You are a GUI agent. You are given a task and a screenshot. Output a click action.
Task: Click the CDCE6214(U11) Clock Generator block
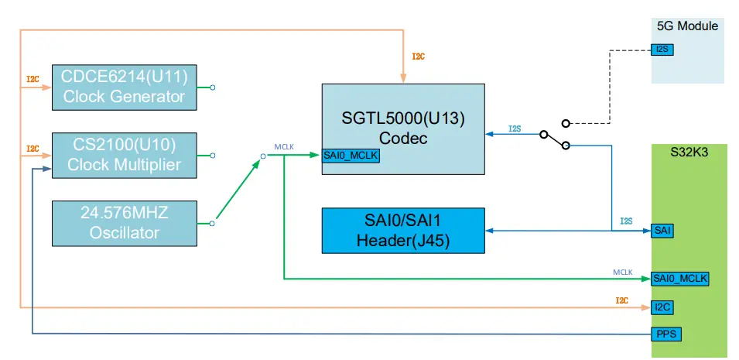pyautogui.click(x=124, y=87)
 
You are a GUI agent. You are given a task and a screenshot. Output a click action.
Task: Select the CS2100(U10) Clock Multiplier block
pyautogui.click(x=124, y=154)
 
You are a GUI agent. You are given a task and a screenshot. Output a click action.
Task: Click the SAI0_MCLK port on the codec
pyautogui.click(x=351, y=156)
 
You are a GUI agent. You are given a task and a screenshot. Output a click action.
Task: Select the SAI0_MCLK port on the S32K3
pyautogui.click(x=680, y=278)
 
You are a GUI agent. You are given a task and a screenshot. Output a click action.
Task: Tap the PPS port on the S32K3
pyautogui.click(x=665, y=333)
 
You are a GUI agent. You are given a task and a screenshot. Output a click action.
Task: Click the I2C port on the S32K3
pyautogui.click(x=662, y=307)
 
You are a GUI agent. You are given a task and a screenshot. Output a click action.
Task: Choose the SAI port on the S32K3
pyautogui.click(x=662, y=230)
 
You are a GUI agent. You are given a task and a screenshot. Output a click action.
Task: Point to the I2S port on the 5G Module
pyautogui.click(x=663, y=50)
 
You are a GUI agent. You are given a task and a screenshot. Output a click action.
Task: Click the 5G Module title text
pyautogui.click(x=687, y=26)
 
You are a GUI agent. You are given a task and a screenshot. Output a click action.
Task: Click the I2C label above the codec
pyautogui.click(x=418, y=57)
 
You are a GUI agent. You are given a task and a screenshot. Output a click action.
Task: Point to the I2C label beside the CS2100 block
pyautogui.click(x=33, y=148)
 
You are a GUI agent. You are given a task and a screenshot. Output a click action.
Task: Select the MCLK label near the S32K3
pyautogui.click(x=623, y=273)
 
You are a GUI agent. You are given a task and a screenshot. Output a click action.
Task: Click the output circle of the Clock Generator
pyautogui.click(x=213, y=87)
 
